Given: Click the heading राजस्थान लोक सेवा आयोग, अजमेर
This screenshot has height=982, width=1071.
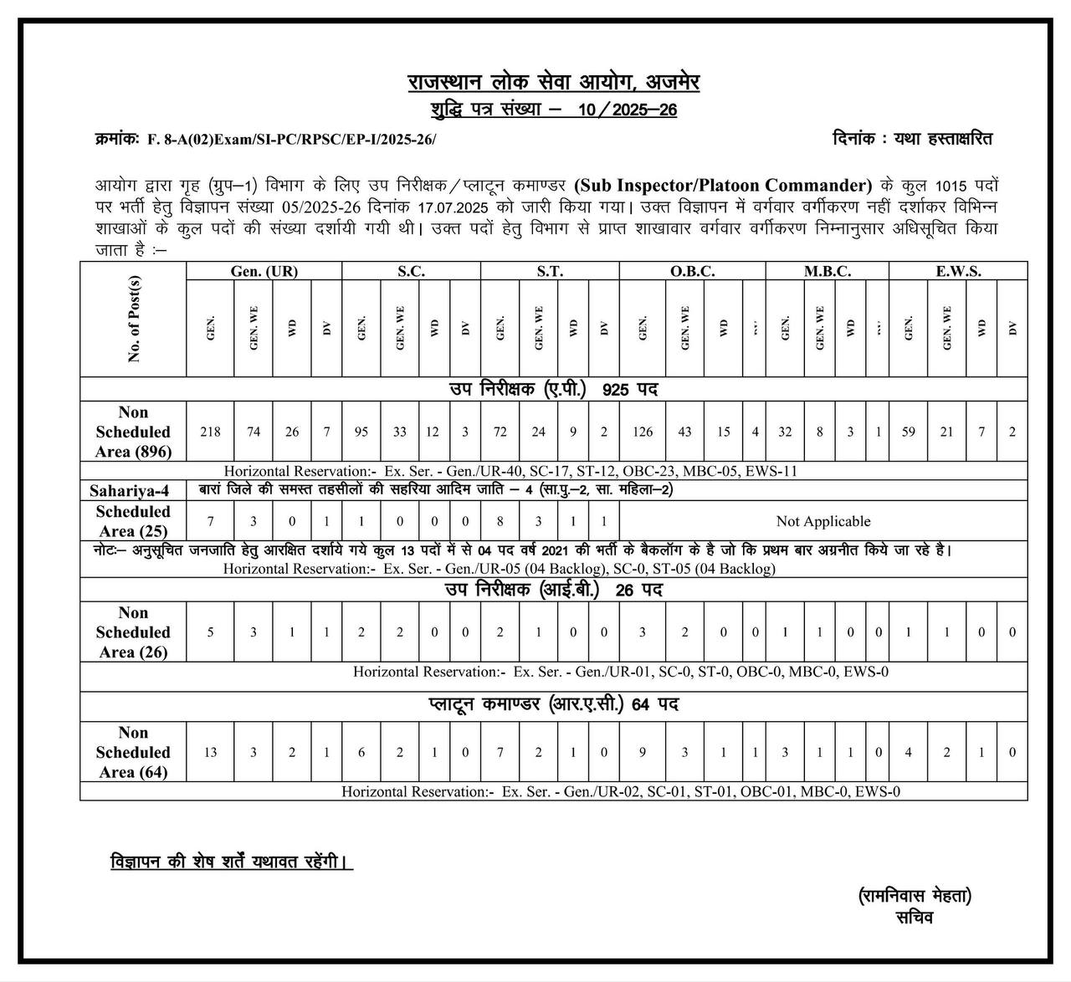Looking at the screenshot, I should pyautogui.click(x=554, y=83).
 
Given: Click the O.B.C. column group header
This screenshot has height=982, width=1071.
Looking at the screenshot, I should pyautogui.click(x=692, y=271).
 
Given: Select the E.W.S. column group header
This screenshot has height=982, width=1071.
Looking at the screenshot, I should pyautogui.click(x=958, y=271).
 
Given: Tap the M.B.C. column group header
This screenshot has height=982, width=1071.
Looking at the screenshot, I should pyautogui.click(x=828, y=271).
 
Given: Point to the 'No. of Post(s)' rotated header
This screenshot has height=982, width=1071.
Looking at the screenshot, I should pyautogui.click(x=134, y=319).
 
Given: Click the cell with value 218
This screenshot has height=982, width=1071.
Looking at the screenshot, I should pyautogui.click(x=211, y=432).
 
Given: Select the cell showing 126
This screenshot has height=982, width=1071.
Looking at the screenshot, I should pyautogui.click(x=643, y=432).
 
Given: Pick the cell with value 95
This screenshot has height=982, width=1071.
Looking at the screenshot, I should pyautogui.click(x=361, y=432).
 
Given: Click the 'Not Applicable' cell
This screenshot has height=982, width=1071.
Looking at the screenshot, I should pyautogui.click(x=823, y=521).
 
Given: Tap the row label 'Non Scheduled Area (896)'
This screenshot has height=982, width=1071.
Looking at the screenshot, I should pyautogui.click(x=133, y=432).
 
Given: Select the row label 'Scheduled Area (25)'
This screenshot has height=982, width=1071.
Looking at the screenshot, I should pyautogui.click(x=133, y=521).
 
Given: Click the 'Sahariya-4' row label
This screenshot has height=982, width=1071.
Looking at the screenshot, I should pyautogui.click(x=130, y=491).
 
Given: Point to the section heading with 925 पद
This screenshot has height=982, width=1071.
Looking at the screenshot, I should pyautogui.click(x=554, y=389).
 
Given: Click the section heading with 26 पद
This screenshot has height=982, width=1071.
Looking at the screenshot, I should pyautogui.click(x=554, y=590).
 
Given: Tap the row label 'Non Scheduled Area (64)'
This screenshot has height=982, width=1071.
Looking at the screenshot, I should pyautogui.click(x=133, y=752).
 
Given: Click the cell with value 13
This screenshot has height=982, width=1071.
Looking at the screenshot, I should pyautogui.click(x=211, y=752).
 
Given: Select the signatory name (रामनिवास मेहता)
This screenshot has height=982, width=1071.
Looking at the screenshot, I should pyautogui.click(x=915, y=896).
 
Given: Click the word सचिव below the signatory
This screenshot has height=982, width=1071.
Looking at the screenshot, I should pyautogui.click(x=915, y=918).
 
